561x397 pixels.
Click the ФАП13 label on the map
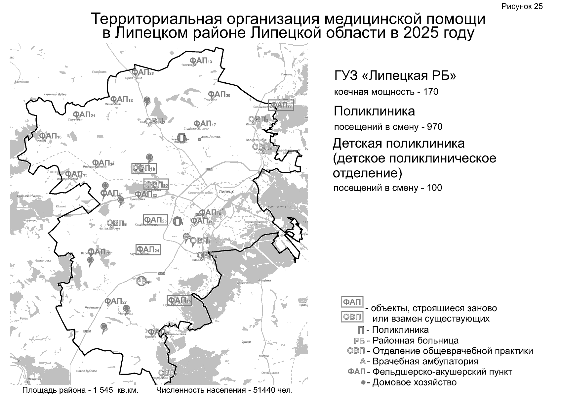click(x=200, y=61)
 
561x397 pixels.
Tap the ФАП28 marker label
click(x=142, y=72)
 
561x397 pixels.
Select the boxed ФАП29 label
click(x=281, y=105)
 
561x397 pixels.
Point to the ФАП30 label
click(x=219, y=94)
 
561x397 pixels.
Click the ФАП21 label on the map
click(x=84, y=114)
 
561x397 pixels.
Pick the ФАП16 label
click(x=50, y=136)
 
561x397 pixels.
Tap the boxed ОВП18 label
click(x=143, y=168)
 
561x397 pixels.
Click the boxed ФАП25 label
click(x=155, y=220)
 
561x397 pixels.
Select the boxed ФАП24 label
click(x=148, y=249)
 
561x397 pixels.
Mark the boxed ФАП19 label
click(x=179, y=301)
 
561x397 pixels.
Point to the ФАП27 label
click(x=115, y=301)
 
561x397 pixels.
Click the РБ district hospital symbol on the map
click(x=142, y=281)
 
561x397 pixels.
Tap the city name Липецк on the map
click(x=226, y=192)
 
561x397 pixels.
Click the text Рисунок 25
click(x=522, y=7)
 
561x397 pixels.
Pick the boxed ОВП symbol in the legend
click(x=352, y=317)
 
